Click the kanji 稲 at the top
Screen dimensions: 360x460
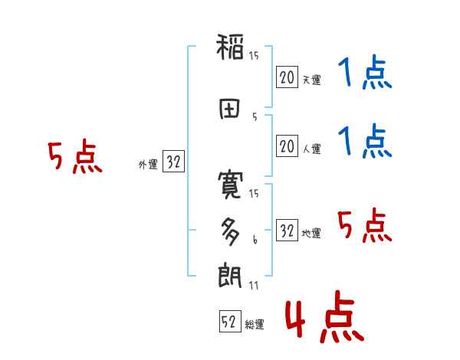[x=230, y=49]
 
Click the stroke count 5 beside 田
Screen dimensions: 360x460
[x=254, y=117]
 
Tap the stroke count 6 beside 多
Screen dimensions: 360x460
[x=255, y=240]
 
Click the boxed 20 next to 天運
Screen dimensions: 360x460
[x=287, y=77]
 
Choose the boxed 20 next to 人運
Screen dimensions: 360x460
[x=287, y=146]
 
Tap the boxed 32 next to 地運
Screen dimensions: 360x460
[x=287, y=231]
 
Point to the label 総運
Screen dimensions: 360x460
[x=254, y=325]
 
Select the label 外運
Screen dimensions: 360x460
[x=148, y=164]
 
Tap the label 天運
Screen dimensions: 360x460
[x=310, y=79]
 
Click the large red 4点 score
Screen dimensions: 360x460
[x=323, y=319]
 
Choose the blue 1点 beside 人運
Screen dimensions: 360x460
[x=364, y=142]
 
